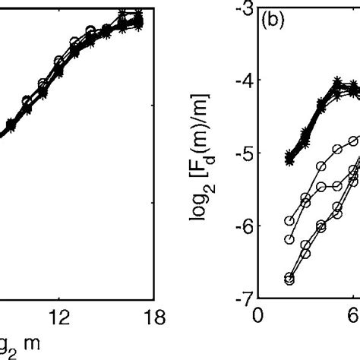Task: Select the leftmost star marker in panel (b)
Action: [289, 159]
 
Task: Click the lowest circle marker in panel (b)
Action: [289, 279]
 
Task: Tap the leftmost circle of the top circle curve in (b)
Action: [289, 221]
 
